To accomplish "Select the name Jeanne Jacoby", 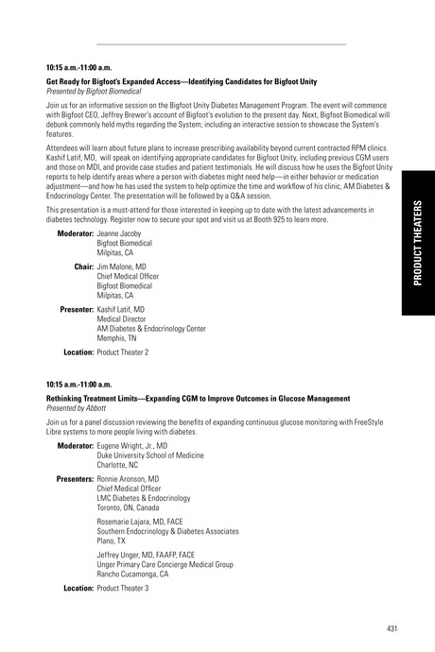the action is click(119, 232).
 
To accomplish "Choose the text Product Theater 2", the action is click(123, 352).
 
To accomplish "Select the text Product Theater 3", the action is click(123, 588).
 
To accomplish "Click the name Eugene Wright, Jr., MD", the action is click(132, 445).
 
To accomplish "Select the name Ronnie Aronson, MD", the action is click(128, 479).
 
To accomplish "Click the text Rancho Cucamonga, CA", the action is click(133, 574).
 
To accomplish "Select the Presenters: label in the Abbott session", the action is click(69, 479).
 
